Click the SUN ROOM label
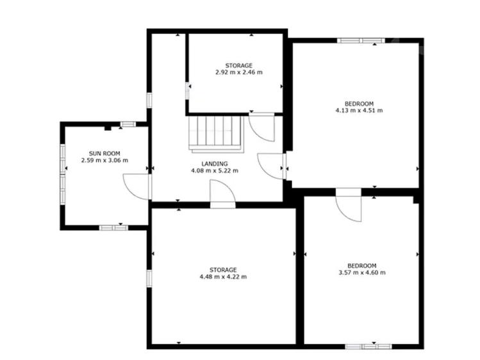coord(104,154)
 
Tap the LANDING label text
coord(215,164)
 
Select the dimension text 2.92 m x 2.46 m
coord(239,72)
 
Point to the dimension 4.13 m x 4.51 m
coord(359,110)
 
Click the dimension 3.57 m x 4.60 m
coord(362,272)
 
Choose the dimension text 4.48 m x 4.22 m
coord(223,277)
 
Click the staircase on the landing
coord(216,134)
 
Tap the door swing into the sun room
coord(135,186)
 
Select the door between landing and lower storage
coord(223,193)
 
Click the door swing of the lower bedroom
coord(349,207)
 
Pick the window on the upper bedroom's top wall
coord(361,40)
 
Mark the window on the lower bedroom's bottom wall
coord(368,347)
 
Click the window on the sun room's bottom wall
coord(113,227)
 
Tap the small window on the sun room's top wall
coord(128,124)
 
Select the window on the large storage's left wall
coord(149,279)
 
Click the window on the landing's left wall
coord(149,101)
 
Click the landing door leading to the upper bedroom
coord(271,166)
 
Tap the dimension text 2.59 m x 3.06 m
coord(104,160)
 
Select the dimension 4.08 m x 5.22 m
coord(215,170)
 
